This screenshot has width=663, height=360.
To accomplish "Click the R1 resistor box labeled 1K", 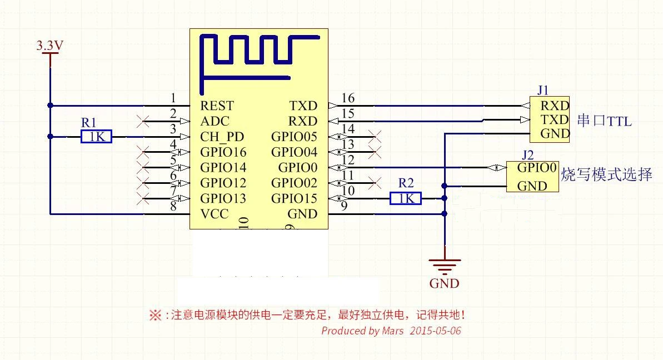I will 96,137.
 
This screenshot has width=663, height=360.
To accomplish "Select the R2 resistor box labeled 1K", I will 406,198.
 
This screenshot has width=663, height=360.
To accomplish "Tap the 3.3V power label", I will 49,46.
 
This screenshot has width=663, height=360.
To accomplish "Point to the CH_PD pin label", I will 222,137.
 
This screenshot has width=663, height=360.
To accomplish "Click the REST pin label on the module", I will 217,106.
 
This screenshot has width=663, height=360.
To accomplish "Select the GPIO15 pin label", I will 294,199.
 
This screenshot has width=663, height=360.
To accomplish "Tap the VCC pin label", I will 215,214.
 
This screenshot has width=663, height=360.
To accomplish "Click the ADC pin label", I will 215,121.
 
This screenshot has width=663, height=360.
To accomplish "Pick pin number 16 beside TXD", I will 348,98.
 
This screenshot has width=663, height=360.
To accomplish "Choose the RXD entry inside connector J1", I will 554,106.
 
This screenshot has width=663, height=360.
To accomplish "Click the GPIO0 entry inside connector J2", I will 536,167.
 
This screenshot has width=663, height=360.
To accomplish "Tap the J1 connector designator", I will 543,89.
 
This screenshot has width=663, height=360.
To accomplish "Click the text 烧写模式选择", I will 606,174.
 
